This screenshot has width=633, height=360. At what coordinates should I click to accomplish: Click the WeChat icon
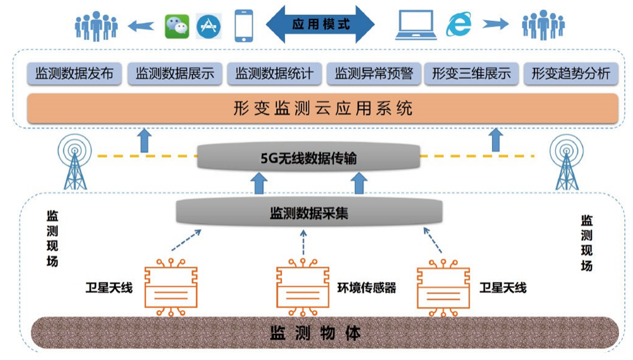pos(178,26)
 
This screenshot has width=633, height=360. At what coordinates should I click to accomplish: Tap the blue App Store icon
pos(209,26)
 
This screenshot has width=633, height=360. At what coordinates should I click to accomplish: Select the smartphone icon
pos(244,24)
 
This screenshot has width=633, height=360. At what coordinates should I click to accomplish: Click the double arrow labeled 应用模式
pos(320,24)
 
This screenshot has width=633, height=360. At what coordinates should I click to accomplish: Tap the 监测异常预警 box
pos(374,75)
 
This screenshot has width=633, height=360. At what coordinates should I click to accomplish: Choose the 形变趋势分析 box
pos(571,75)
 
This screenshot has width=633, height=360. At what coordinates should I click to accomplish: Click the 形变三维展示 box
pos(471,75)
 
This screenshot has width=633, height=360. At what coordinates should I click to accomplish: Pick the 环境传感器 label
pos(367,288)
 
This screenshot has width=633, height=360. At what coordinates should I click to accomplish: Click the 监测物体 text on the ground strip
pos(316,334)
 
